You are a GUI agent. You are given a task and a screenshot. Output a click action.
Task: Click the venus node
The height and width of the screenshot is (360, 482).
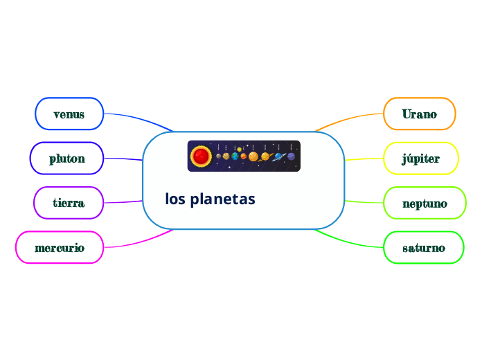coord(69,114)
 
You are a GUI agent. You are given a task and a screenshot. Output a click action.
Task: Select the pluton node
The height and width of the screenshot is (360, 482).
coord(66,159)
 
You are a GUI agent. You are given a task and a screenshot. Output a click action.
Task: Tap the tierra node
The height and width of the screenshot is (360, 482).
coord(69,203)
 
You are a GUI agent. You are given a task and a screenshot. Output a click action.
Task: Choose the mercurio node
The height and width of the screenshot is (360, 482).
coord(60,247)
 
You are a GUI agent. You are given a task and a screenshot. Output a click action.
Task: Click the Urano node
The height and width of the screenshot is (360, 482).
coord(420,114)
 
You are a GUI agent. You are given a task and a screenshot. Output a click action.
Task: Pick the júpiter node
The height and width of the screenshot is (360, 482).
coord(421,159)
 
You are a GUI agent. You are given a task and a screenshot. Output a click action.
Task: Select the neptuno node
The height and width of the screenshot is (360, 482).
coord(425,204)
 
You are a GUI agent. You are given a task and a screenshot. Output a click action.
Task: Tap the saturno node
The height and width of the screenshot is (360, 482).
coord(424,247)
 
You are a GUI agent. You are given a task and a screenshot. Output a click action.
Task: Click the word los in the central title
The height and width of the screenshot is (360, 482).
coord(175,199)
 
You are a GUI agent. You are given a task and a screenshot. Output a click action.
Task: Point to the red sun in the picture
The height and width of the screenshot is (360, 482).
coord(201,156)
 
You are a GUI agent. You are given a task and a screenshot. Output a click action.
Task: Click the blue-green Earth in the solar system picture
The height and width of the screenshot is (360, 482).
coord(235,156)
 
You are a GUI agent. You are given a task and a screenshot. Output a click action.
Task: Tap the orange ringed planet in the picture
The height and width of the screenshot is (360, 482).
coord(265,156)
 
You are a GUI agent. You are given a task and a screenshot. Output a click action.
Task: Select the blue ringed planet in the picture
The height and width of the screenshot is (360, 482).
coord(278,156)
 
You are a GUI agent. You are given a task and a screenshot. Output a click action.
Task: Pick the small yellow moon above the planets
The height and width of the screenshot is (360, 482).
coord(240,149)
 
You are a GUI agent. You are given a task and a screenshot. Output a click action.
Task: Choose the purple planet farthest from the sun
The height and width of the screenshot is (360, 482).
coord(292,156)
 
